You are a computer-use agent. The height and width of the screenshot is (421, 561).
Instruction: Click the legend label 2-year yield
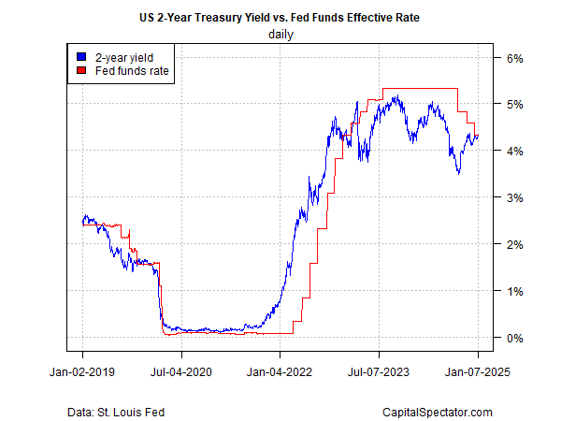[119, 56]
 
